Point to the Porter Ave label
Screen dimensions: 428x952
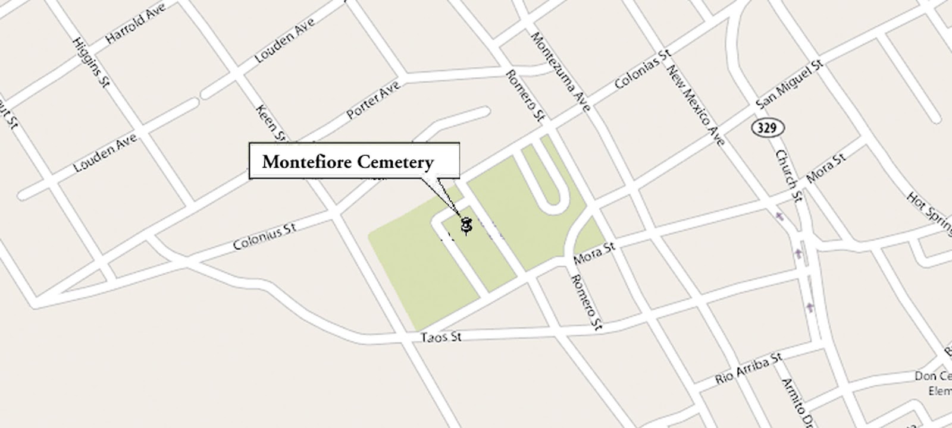(x=373, y=99)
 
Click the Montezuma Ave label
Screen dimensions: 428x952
(x=560, y=71)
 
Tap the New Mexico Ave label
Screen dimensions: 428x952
(x=696, y=105)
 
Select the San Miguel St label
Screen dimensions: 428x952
(x=789, y=84)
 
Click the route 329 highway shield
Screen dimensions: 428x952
(x=768, y=127)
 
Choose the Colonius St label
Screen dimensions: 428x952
(x=264, y=237)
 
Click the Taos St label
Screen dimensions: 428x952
(x=441, y=337)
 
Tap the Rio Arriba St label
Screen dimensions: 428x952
(x=749, y=369)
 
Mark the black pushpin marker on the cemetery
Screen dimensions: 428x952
(x=466, y=225)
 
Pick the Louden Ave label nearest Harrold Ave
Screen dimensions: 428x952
(x=284, y=40)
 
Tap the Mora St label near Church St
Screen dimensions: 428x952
(x=826, y=169)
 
